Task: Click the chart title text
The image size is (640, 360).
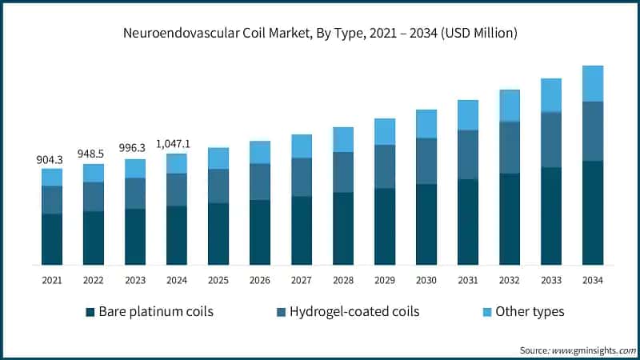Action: click(320, 34)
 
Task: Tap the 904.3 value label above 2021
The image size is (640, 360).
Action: click(52, 160)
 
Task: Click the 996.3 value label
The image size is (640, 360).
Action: click(135, 150)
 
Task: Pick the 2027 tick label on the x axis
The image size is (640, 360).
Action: click(302, 281)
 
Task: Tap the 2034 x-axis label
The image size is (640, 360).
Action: click(593, 281)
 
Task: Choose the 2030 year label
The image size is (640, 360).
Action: click(426, 281)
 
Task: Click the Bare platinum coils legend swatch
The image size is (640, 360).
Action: click(90, 311)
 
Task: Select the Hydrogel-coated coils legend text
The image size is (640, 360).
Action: click(355, 311)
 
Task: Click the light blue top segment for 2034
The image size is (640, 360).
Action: click(593, 83)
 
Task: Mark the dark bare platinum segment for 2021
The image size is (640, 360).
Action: click(52, 239)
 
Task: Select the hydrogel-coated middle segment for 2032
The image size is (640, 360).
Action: click(510, 147)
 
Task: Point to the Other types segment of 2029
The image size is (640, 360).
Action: click(385, 131)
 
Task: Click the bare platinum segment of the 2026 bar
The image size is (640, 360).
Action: click(260, 232)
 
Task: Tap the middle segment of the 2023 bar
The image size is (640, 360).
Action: click(135, 193)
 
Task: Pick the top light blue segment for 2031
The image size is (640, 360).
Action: click(468, 114)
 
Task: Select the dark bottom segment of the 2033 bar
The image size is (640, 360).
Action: click(551, 216)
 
